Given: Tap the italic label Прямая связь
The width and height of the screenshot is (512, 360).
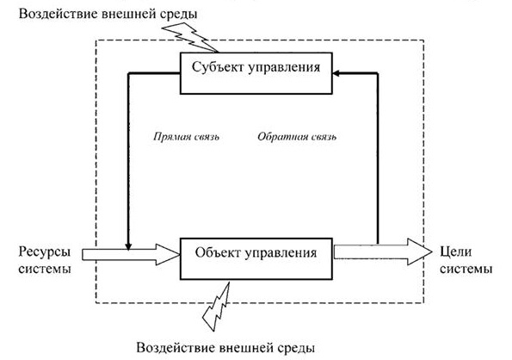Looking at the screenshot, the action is pos(187,137).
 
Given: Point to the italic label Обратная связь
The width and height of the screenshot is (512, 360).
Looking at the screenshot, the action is pos(297,137).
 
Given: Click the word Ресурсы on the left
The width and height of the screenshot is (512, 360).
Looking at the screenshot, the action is pos(45,251).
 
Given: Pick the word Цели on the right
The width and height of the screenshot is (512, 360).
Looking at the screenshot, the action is pos(455,251).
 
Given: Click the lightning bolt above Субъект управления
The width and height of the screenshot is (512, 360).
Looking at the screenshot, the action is pos(189,38).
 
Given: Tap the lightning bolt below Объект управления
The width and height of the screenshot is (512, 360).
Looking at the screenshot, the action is pos(216,307).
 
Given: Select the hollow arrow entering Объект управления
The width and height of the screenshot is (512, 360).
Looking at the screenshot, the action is pos(131,254).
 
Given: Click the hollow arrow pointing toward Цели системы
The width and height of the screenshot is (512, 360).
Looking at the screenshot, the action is pos(383,251).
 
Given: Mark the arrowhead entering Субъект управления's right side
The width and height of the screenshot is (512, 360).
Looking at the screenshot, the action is pos(336,73).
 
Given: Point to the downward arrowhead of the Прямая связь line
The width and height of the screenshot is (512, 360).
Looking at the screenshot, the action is pos(128,246).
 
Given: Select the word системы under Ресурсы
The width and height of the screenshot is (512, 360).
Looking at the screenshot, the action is pos(45,269).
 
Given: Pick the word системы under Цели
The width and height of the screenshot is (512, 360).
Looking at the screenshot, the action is pos(466,269).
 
